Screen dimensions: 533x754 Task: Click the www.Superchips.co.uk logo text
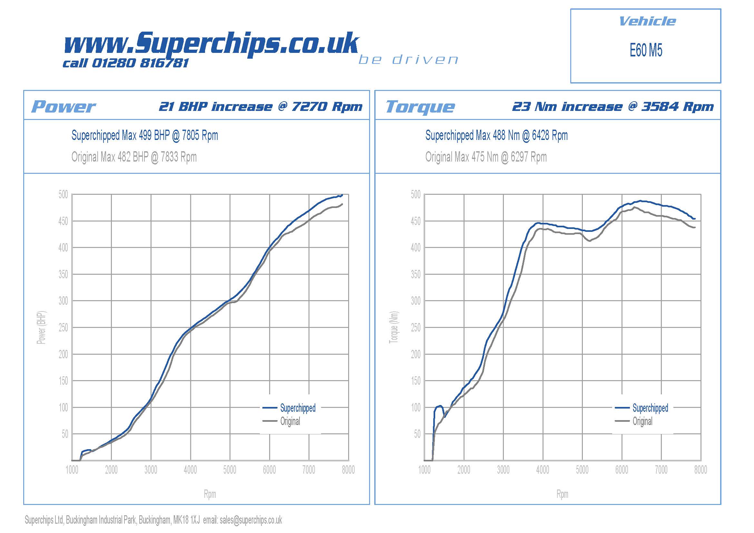tap(211, 44)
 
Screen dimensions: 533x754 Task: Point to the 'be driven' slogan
tap(408, 60)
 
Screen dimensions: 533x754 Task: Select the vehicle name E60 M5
tap(646, 51)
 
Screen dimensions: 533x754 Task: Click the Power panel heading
tap(64, 107)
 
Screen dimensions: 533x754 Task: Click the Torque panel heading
tap(420, 107)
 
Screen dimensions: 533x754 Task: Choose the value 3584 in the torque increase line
tap(660, 106)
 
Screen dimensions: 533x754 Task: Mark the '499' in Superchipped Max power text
tap(145, 135)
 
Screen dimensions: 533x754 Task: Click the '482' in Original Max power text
tap(124, 157)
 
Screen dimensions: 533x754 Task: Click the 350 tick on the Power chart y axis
tap(63, 274)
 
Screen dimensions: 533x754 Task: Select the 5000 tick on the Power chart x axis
tap(230, 470)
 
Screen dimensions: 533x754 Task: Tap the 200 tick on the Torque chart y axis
tap(416, 354)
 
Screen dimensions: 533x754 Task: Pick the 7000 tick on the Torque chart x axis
tap(661, 470)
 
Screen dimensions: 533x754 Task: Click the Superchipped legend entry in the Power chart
tap(298, 408)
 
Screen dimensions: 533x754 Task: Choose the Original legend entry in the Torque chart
tap(642, 421)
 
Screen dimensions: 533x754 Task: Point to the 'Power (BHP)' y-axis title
tap(41, 327)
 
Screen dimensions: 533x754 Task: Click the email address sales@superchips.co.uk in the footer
tap(251, 520)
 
